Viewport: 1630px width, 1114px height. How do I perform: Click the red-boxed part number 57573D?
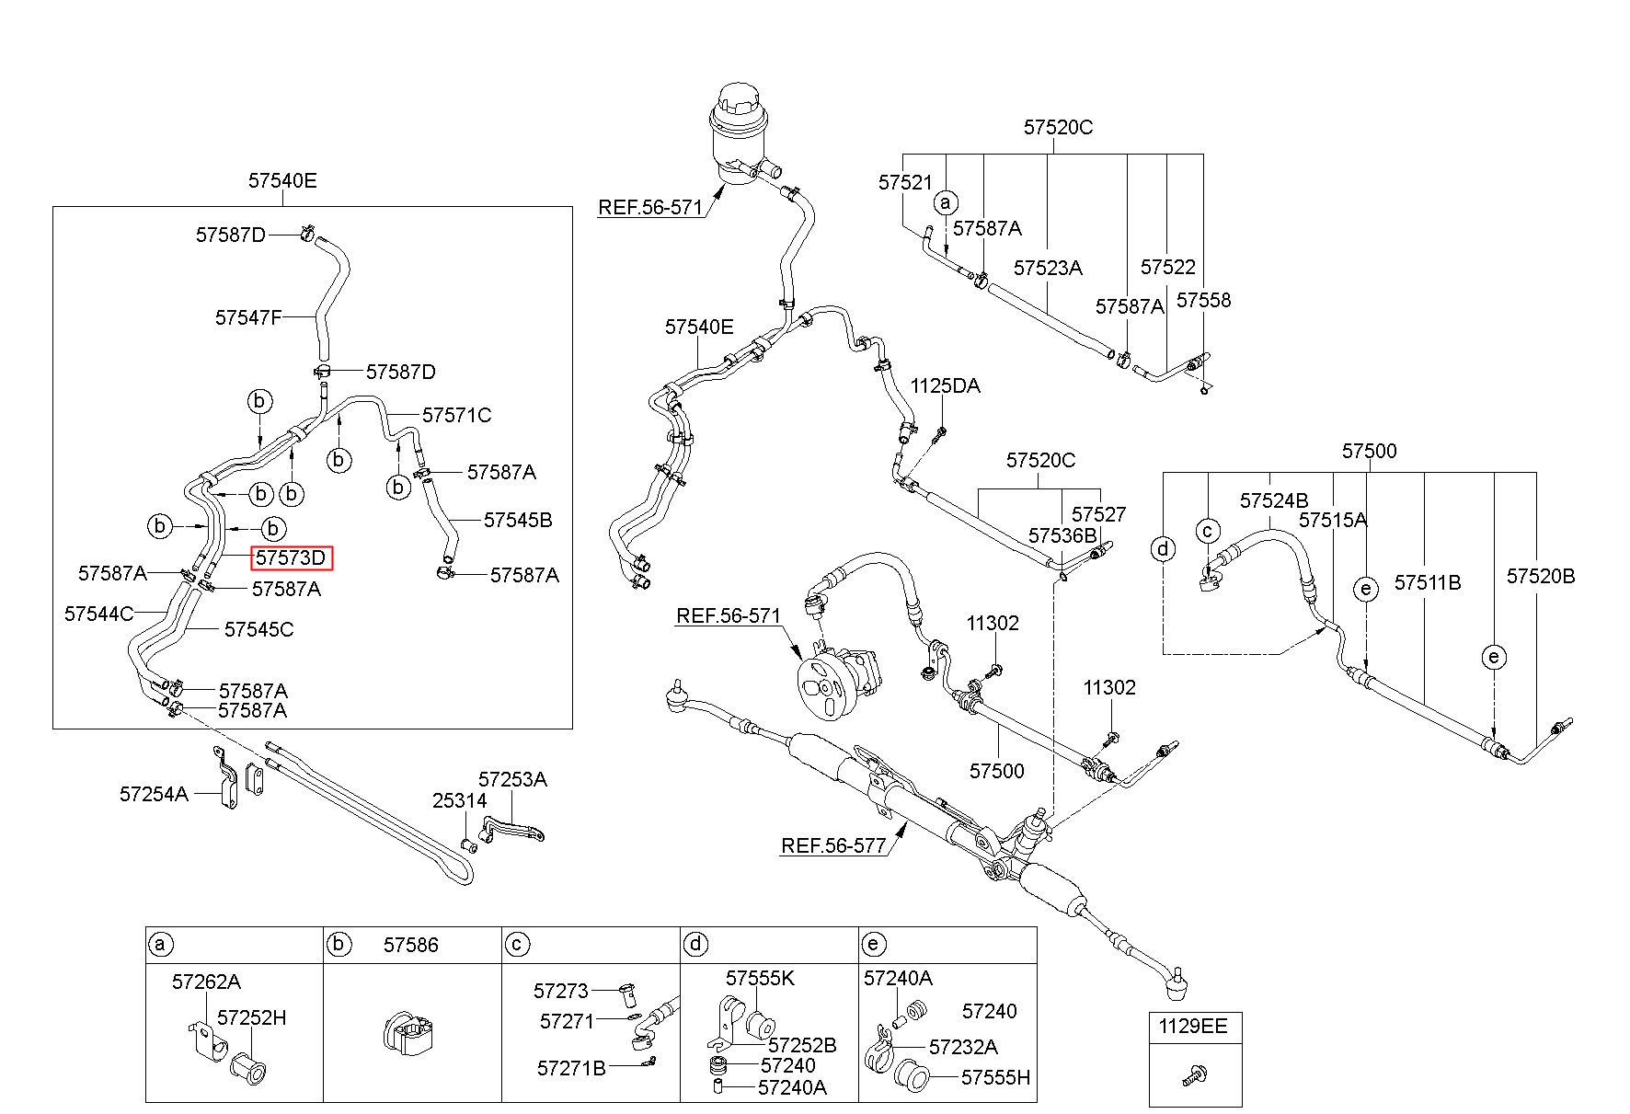[x=291, y=557]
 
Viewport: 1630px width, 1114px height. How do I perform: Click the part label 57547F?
[x=248, y=317]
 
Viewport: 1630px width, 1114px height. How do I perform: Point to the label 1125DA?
[x=945, y=386]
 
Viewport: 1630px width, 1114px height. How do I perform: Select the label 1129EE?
[x=1192, y=1026]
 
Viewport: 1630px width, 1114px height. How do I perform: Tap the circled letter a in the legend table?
[x=161, y=945]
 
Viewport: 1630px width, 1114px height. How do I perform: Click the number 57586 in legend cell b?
[x=411, y=945]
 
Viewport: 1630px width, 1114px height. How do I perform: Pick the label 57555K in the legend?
[x=760, y=978]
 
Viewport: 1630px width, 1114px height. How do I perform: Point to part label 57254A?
[x=154, y=793]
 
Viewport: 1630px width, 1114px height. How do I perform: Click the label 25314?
[x=460, y=801]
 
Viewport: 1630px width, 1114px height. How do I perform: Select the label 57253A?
[x=512, y=780]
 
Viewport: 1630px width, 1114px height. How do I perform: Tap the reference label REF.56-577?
[x=834, y=845]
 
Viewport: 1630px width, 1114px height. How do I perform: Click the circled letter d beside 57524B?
[x=1164, y=550]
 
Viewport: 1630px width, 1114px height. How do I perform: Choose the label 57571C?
[x=457, y=415]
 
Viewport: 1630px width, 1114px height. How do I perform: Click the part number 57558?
[x=1203, y=301]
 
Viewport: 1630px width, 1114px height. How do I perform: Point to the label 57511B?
[x=1428, y=582]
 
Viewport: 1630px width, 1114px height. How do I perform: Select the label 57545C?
[x=259, y=629]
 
